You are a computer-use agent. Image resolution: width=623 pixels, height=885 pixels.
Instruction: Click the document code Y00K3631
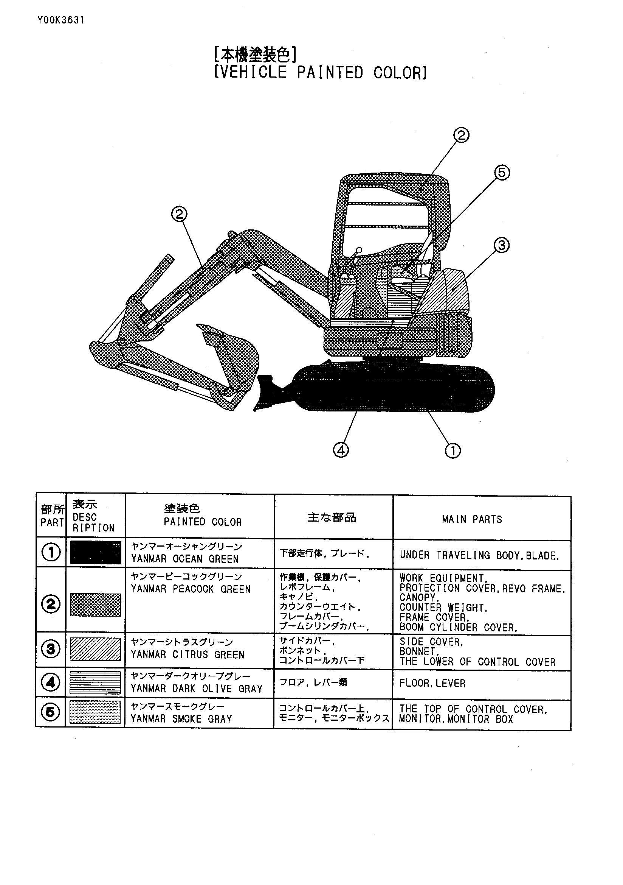coord(60,20)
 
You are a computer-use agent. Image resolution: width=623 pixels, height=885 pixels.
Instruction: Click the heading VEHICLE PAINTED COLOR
coord(320,72)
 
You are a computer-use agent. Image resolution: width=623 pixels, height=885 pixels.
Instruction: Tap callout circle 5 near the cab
coord(502,172)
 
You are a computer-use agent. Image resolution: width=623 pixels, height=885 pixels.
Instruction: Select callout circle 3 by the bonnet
coord(501,245)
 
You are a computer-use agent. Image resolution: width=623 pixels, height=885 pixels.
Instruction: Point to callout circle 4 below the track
coord(341,450)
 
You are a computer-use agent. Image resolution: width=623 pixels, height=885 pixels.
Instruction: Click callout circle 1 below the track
coord(453,450)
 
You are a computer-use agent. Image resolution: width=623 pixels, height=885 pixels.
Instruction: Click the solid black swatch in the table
coord(96,553)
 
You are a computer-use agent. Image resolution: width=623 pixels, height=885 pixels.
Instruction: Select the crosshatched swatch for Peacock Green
coord(96,605)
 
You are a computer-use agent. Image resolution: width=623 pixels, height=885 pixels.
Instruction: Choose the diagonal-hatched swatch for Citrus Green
coord(96,649)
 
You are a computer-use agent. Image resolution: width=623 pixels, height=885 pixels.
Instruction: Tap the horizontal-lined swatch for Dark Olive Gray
coord(96,682)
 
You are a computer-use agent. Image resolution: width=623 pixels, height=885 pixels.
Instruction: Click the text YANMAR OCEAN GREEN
coord(185,559)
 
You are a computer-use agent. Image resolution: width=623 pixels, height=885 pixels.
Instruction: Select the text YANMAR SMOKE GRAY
coord(181,719)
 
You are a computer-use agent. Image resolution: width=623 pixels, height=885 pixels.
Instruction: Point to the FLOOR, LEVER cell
coord(432,683)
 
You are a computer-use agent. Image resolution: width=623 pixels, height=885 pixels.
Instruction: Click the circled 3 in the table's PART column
coord(51,649)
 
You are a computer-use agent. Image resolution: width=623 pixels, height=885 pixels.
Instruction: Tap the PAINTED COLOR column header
coord(203,522)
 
